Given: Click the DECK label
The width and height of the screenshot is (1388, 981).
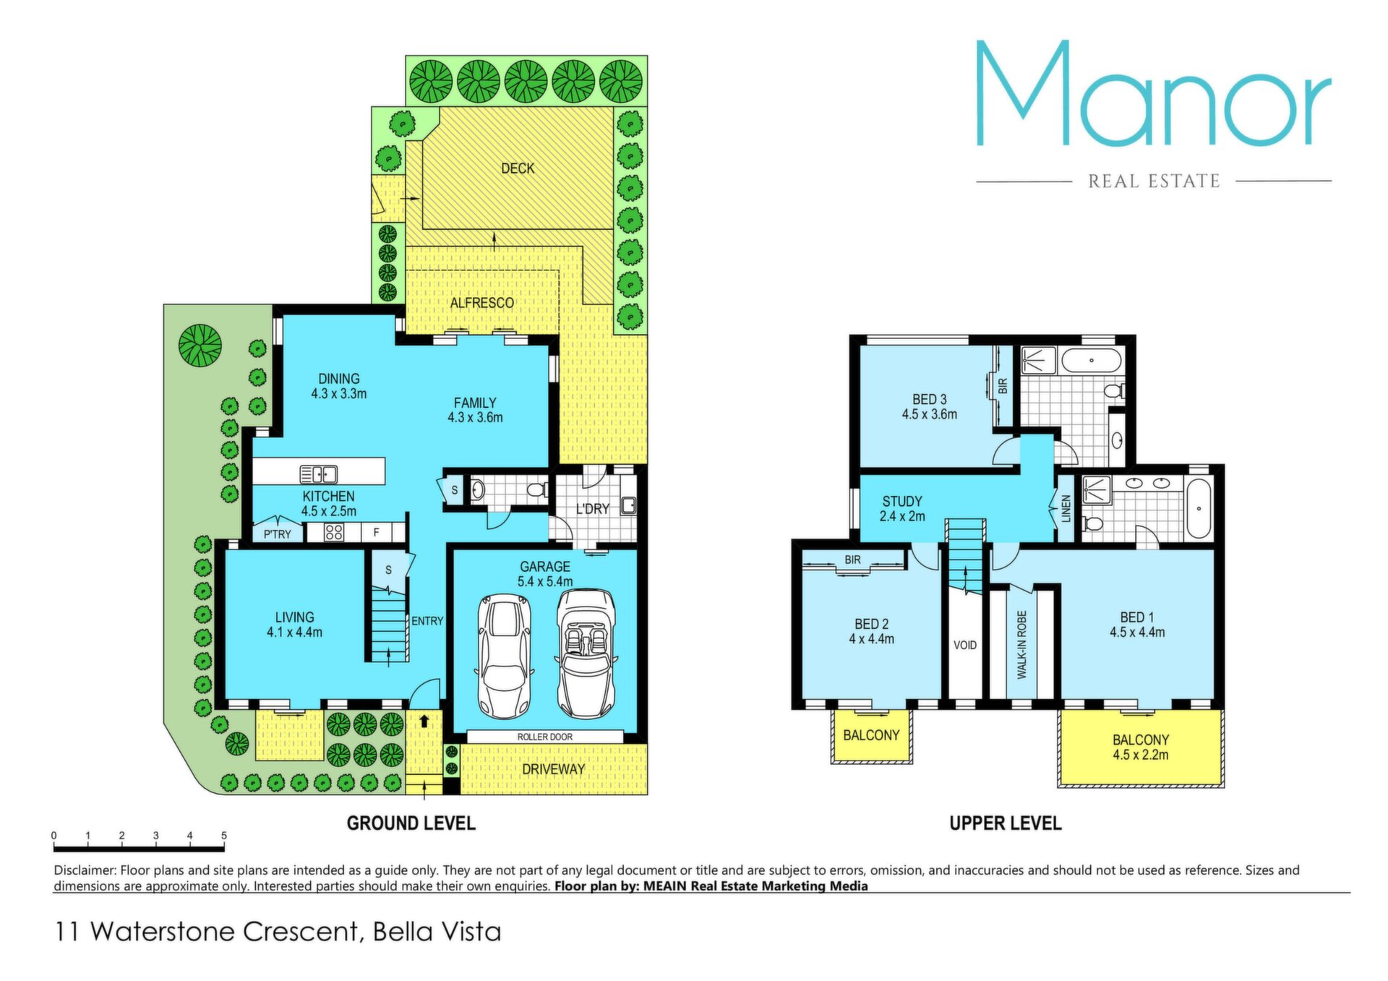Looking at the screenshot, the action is (518, 168).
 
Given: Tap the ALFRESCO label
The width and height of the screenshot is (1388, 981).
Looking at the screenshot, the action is (482, 303).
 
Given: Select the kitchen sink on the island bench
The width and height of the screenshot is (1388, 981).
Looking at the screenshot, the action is (319, 474).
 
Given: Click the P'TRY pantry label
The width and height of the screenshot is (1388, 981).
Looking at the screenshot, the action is (277, 534).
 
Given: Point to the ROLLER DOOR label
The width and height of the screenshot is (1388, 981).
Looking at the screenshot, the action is (545, 737).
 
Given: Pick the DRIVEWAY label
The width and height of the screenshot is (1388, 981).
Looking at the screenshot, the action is (553, 769).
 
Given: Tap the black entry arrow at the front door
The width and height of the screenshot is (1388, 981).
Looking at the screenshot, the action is (424, 720).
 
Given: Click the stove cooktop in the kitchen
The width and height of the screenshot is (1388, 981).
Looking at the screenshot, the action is (333, 533).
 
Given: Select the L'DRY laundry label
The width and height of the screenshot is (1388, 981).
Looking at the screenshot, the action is (592, 509).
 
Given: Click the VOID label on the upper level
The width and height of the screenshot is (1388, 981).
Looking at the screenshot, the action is (965, 645).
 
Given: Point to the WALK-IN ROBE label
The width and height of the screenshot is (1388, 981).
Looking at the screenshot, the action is (1021, 645).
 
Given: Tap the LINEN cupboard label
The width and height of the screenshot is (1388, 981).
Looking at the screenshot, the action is (1066, 508).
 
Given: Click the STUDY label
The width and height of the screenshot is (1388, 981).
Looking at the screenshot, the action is (902, 501).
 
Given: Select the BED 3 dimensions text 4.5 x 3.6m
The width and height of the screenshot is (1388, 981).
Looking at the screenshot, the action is (929, 414).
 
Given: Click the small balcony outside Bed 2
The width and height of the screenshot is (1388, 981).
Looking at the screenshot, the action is (871, 736).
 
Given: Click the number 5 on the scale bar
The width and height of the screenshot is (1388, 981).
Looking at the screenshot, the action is (224, 836).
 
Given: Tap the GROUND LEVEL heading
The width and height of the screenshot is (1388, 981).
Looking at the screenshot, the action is (411, 823).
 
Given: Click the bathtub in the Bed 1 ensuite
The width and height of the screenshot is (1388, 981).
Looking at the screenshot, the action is (1199, 508).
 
